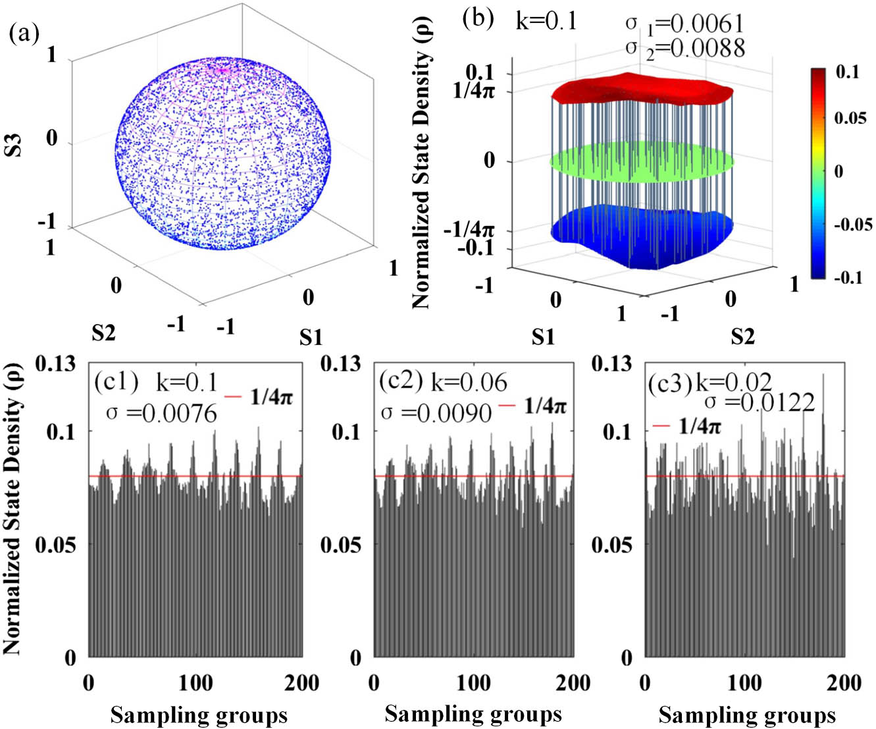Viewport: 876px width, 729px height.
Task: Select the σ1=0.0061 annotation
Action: (x=684, y=24)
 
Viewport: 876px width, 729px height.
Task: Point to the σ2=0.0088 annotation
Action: (x=684, y=47)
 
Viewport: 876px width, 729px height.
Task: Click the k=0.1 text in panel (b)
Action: (x=546, y=21)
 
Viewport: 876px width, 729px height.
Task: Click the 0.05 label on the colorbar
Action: (x=850, y=118)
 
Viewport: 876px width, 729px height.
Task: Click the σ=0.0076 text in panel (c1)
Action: (x=161, y=414)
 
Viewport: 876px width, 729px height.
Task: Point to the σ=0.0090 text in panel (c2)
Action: (x=436, y=413)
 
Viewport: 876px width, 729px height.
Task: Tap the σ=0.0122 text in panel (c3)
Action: (x=760, y=402)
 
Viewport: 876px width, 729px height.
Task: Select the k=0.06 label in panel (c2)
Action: (x=469, y=382)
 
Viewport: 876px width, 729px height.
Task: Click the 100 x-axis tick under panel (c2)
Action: (x=474, y=683)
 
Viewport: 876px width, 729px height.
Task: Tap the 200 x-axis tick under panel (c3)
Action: (x=844, y=683)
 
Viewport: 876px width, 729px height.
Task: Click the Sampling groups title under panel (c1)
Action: (x=199, y=715)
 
